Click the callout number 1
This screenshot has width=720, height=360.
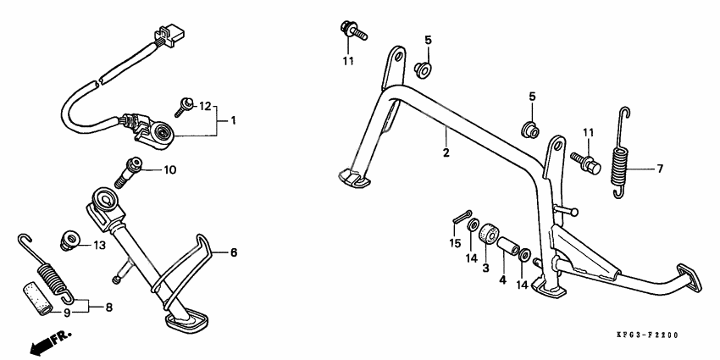coord(232,121)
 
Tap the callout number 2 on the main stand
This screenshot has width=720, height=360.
coord(445,152)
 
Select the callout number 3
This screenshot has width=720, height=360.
coord(485,269)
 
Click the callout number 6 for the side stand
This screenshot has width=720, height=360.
coord(235,252)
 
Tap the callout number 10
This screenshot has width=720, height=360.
coord(169,170)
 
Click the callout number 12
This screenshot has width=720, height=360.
coord(204,106)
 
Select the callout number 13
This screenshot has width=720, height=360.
coord(99,245)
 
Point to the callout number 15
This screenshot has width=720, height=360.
coord(455,244)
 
